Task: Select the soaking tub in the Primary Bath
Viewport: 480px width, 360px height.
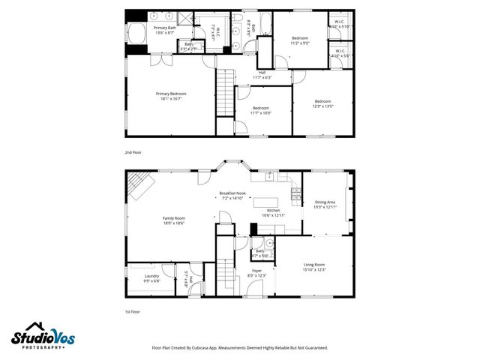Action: [x=137, y=34]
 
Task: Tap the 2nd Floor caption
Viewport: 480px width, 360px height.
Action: [x=133, y=151]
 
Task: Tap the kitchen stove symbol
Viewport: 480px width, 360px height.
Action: [x=296, y=199]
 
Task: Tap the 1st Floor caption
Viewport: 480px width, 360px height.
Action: [x=132, y=310]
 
